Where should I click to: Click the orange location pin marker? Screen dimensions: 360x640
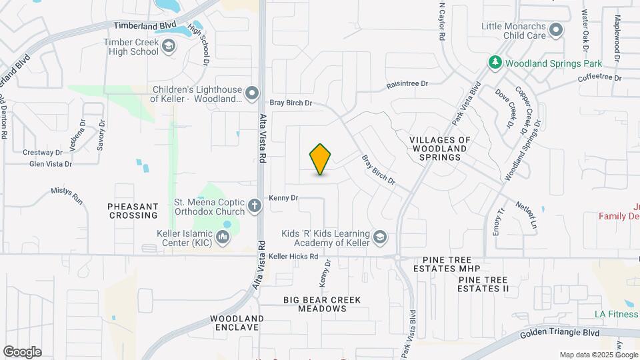pyautogui.click(x=321, y=159)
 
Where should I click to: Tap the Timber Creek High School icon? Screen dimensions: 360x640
pyautogui.click(x=169, y=47)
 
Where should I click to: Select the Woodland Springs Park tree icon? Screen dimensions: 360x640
pyautogui.click(x=495, y=63)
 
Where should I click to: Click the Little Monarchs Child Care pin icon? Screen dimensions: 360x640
pyautogui.click(x=556, y=30)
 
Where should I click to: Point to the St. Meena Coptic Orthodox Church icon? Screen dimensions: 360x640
pyautogui.click(x=255, y=206)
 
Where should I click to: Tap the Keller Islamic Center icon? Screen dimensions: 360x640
pyautogui.click(x=223, y=237)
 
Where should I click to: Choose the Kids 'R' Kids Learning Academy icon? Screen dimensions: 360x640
pyautogui.click(x=379, y=238)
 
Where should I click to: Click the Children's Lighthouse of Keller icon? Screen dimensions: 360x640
pyautogui.click(x=251, y=94)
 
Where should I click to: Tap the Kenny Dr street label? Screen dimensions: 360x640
pyautogui.click(x=283, y=197)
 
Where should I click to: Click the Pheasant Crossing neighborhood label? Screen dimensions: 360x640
pyautogui.click(x=133, y=211)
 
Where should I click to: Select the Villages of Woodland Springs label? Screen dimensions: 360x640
pyautogui.click(x=439, y=149)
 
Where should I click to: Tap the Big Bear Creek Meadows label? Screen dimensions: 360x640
pyautogui.click(x=322, y=304)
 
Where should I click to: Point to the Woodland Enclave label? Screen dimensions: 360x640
pyautogui.click(x=237, y=323)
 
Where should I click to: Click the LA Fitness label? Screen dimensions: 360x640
pyautogui.click(x=617, y=314)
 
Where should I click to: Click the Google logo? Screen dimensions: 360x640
pyautogui.click(x=22, y=351)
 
